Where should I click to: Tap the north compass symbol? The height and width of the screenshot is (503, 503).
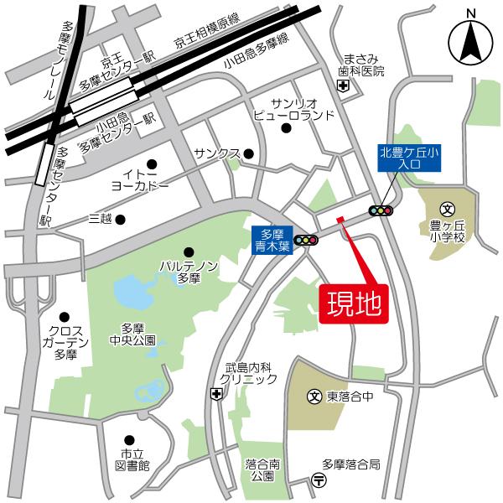[470, 39]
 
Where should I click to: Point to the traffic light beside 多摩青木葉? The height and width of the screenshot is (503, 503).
[307, 241]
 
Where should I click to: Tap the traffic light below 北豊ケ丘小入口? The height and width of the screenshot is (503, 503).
[381, 211]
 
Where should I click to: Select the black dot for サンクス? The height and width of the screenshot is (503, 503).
[248, 153]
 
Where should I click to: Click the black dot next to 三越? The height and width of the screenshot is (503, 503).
[121, 220]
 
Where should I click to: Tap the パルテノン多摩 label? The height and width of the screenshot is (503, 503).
[189, 272]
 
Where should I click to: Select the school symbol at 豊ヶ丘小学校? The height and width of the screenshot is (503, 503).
[448, 209]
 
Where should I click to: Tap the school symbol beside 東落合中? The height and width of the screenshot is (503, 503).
[314, 395]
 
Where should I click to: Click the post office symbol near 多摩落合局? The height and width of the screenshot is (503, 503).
[320, 480]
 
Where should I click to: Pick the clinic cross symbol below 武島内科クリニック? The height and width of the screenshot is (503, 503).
[217, 394]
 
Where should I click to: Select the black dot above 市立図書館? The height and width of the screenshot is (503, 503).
[128, 440]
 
